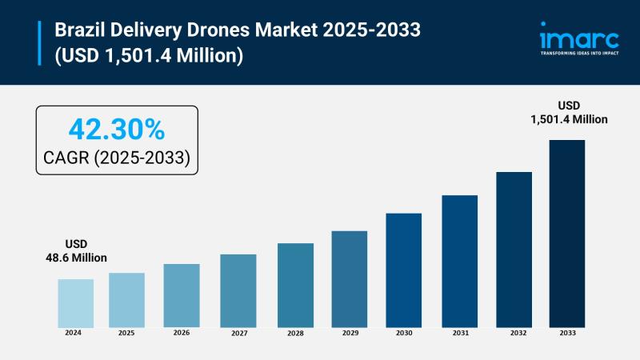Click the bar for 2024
(76, 302)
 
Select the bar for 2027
(238, 290)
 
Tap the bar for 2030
(403, 270)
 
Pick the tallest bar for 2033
(566, 233)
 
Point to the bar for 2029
(350, 278)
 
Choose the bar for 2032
(514, 249)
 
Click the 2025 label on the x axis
(126, 332)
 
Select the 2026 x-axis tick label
(181, 332)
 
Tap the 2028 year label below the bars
(295, 332)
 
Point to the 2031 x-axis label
(459, 332)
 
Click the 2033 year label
(566, 332)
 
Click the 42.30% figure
(116, 128)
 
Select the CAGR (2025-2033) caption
(116, 157)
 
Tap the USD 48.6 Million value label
(76, 250)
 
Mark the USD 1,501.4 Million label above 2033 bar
(568, 112)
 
